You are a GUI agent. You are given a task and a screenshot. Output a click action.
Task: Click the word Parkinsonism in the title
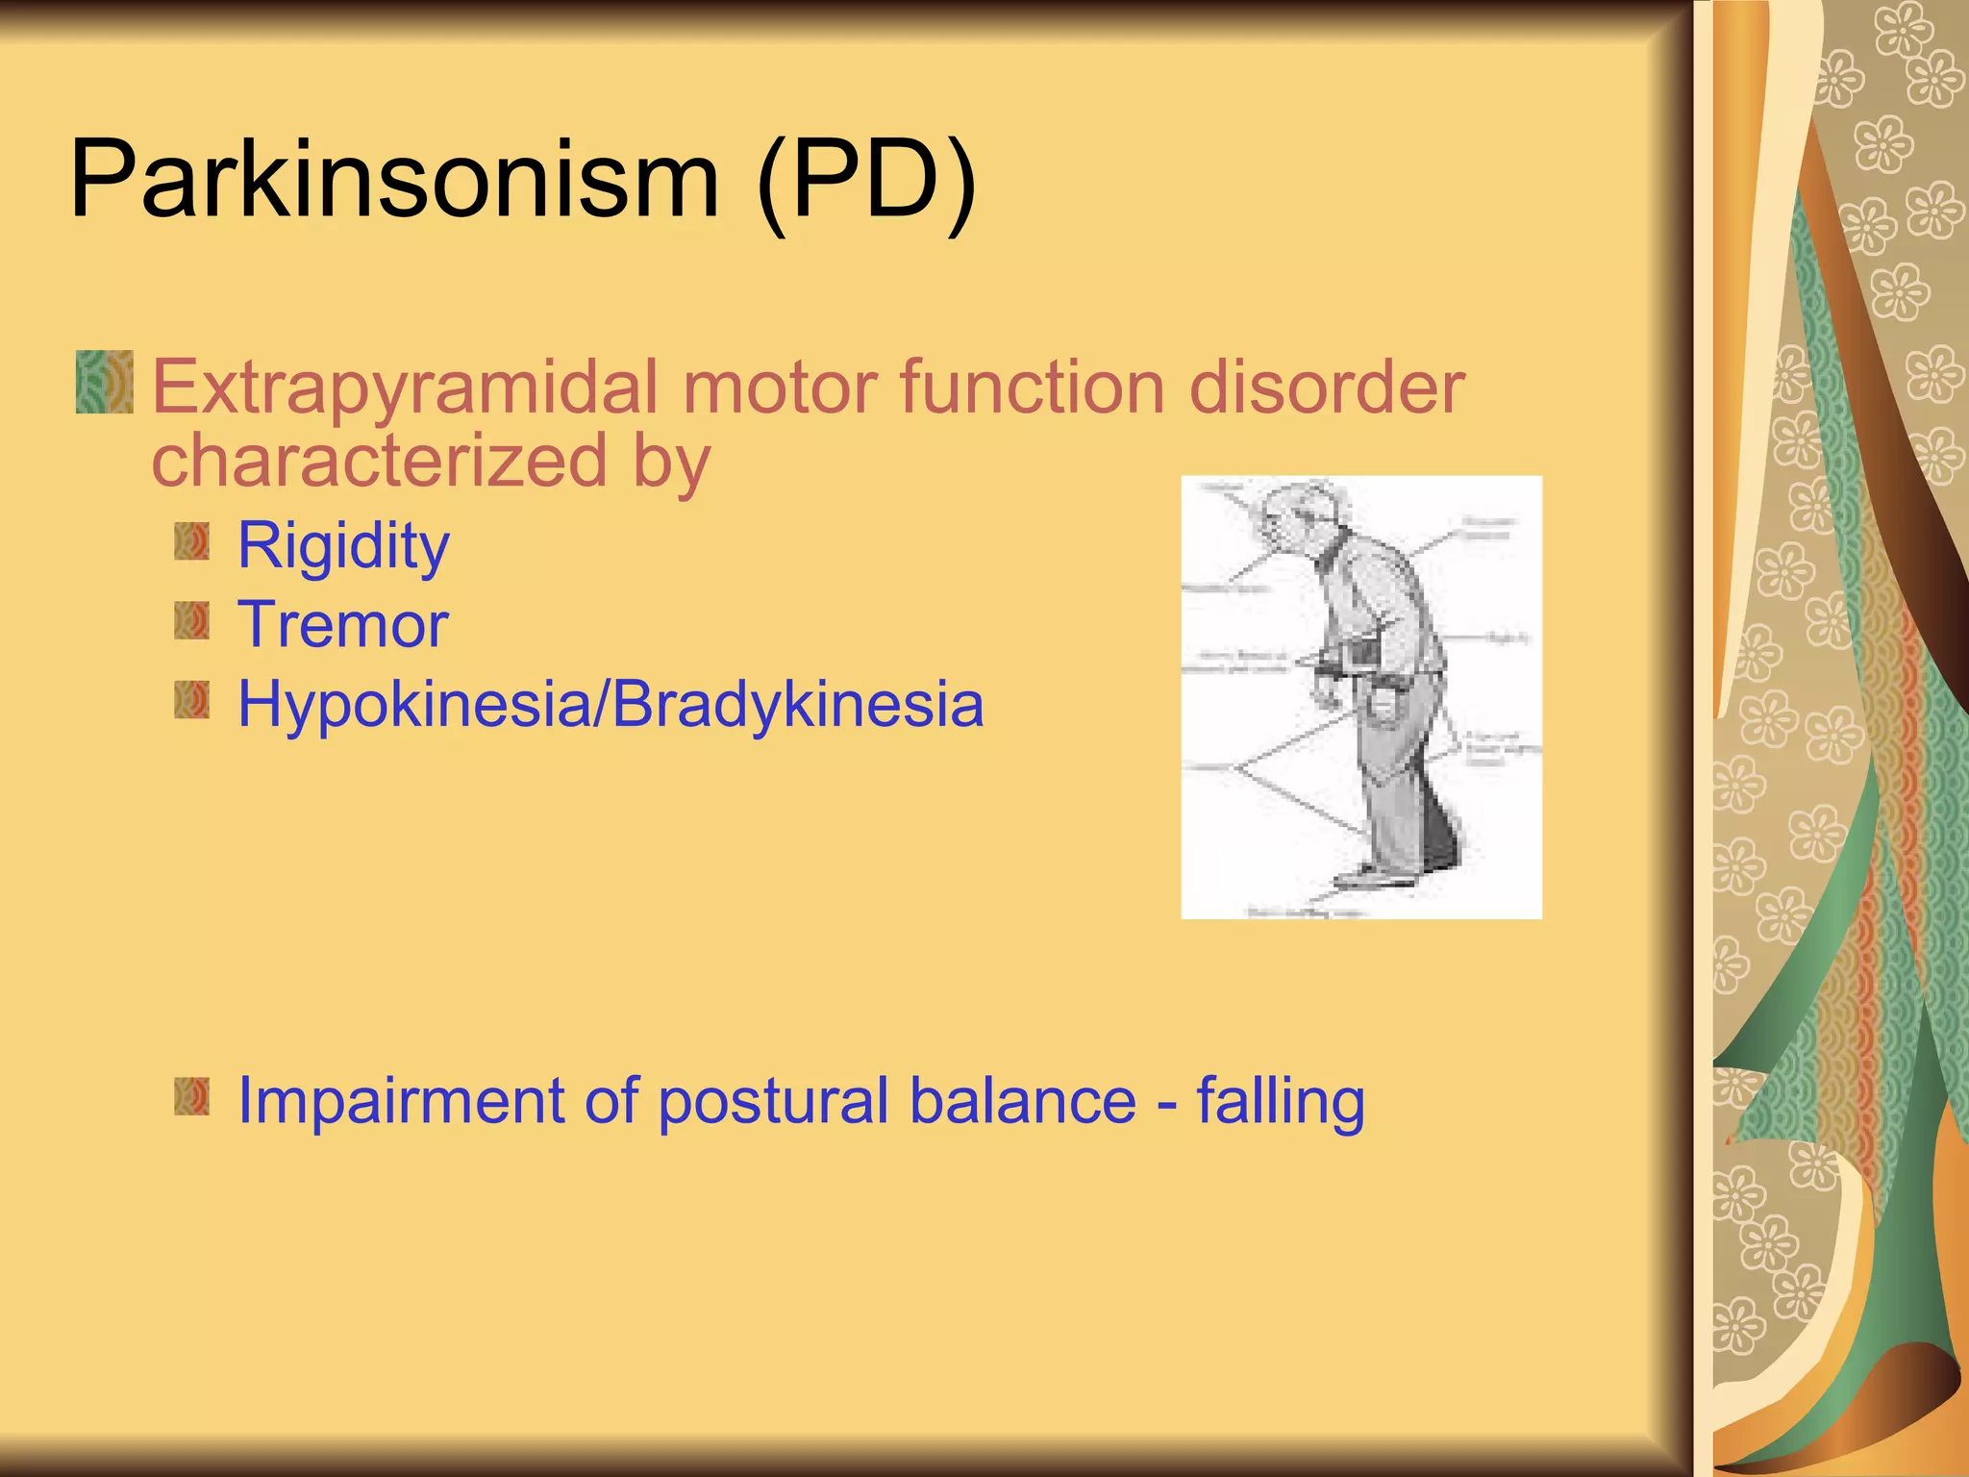tap(394, 181)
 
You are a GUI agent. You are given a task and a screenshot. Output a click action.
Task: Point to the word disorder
tap(1327, 387)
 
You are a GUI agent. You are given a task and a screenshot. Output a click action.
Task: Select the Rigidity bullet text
tap(343, 546)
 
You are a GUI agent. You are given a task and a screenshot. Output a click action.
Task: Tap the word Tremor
tap(343, 625)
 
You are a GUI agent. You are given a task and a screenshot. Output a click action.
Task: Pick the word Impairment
tap(400, 1101)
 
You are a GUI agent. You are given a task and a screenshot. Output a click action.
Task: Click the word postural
tap(773, 1101)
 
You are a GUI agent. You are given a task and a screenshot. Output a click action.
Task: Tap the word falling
tap(1281, 1101)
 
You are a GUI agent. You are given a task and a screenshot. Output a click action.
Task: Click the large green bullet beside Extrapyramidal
tap(105, 383)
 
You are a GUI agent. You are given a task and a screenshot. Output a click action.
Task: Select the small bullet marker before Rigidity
tap(192, 541)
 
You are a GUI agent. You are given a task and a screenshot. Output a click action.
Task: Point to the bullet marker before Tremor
tap(192, 621)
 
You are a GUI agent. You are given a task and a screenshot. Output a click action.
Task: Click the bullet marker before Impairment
tap(192, 1097)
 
